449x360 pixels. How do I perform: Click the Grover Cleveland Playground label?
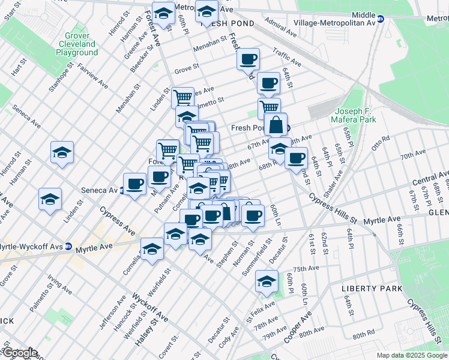click(77, 44)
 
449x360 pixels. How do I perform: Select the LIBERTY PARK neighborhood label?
click(372, 289)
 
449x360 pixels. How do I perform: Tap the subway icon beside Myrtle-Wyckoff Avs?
click(68, 247)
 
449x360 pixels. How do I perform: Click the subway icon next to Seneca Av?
click(122, 190)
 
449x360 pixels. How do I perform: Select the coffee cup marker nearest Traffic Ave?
click(247, 59)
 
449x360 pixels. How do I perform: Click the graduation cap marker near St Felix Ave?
click(267, 280)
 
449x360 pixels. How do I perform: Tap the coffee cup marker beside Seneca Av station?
click(134, 183)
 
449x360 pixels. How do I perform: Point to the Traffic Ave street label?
click(286, 58)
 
